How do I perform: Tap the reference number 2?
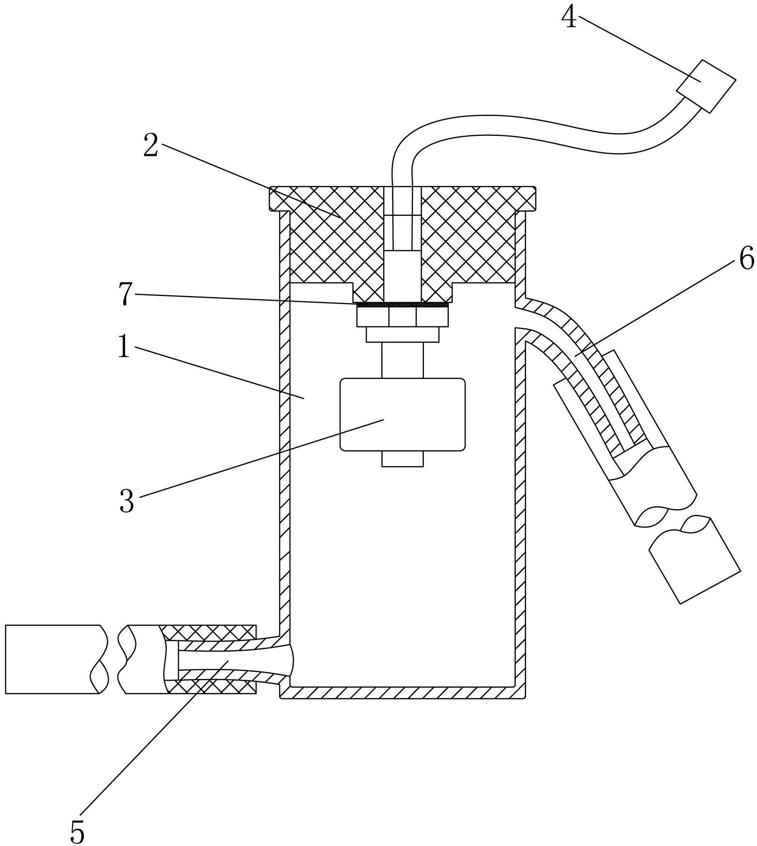(x=150, y=146)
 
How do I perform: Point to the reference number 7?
(x=125, y=295)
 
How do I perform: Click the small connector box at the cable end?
(x=705, y=86)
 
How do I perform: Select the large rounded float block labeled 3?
(x=402, y=415)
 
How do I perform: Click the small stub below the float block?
(x=402, y=459)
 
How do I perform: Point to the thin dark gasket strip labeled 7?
(x=402, y=305)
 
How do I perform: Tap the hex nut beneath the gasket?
(x=402, y=317)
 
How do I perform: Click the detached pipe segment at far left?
(x=55, y=659)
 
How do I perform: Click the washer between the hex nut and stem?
(x=402, y=334)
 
